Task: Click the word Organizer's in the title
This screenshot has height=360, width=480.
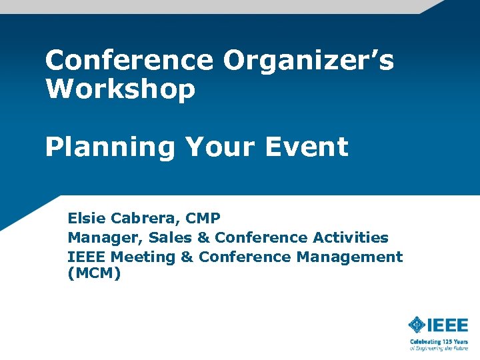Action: tap(309, 61)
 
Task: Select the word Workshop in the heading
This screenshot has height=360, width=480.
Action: tap(120, 89)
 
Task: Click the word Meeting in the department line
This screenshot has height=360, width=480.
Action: tap(146, 257)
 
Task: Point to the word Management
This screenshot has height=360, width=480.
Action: tap(349, 257)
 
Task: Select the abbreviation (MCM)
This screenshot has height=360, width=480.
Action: tap(94, 273)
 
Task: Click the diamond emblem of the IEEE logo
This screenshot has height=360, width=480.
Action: tap(417, 325)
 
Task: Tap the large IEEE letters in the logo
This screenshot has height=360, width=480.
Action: tap(447, 325)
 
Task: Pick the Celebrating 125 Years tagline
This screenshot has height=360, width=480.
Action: tap(439, 341)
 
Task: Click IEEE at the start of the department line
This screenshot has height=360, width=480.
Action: tap(87, 257)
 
